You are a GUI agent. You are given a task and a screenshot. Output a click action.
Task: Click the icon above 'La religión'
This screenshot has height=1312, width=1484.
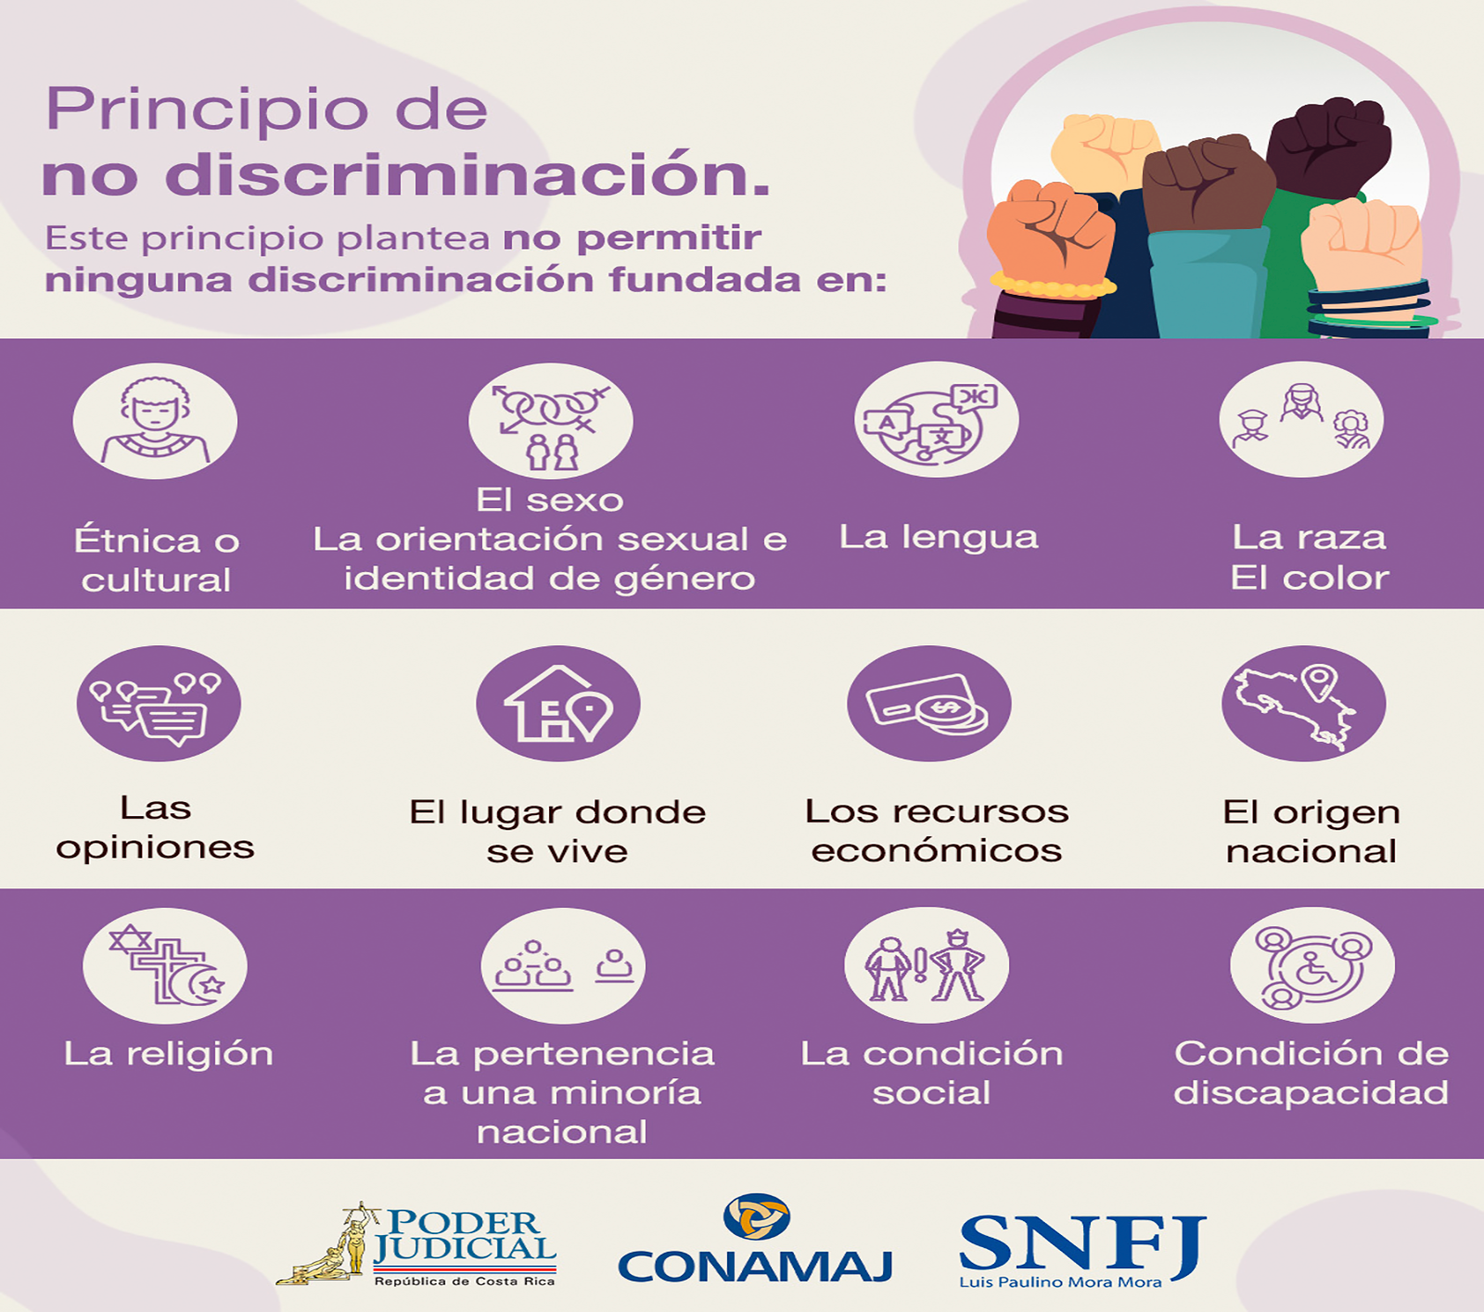click(x=165, y=966)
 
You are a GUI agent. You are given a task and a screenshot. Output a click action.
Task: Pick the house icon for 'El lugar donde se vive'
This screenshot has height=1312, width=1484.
click(x=558, y=704)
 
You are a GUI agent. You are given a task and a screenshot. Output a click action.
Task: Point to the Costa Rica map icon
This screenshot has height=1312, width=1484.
click(x=1303, y=704)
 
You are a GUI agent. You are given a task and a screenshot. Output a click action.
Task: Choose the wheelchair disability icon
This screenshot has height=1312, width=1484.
click(x=1311, y=966)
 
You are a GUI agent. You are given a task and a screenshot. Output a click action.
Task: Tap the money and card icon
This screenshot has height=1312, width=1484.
click(x=929, y=704)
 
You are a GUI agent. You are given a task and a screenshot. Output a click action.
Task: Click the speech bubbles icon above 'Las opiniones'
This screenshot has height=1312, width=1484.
click(x=159, y=704)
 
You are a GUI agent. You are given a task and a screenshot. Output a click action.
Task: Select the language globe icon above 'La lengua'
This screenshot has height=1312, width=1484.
click(x=936, y=420)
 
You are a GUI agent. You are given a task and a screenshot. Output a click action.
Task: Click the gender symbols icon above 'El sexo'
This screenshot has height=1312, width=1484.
click(x=551, y=421)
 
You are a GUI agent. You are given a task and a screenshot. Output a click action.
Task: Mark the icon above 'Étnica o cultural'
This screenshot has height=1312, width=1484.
click(x=156, y=421)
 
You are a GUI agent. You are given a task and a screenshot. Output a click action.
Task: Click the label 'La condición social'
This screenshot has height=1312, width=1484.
click(x=931, y=1073)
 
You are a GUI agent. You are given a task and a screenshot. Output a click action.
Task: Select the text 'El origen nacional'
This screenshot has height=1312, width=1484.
click(x=1311, y=831)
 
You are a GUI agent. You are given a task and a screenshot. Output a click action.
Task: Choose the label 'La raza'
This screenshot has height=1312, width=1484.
click(x=1309, y=537)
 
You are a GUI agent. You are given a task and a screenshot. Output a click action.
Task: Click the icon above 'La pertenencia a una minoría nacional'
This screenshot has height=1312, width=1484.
click(x=563, y=966)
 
